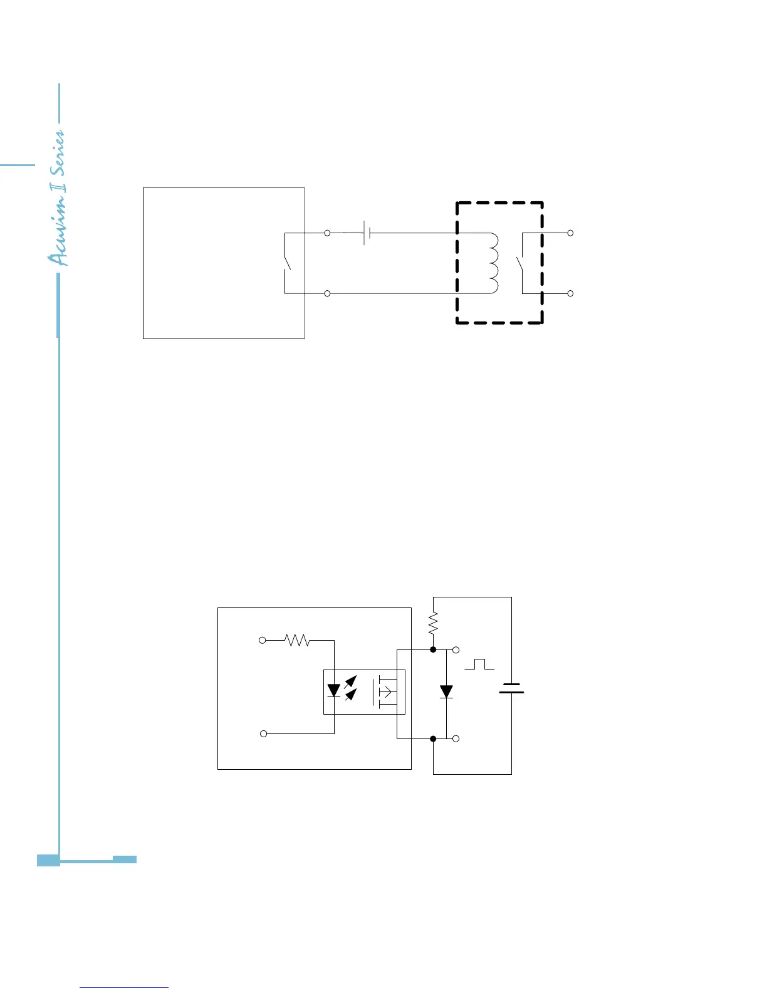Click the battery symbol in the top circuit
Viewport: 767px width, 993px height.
[x=367, y=233]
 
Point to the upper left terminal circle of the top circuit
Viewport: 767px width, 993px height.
[x=327, y=233]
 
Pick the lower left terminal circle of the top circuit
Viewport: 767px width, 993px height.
[x=327, y=293]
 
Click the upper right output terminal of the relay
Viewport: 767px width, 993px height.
[x=570, y=233]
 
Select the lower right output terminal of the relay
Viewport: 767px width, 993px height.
[x=570, y=293]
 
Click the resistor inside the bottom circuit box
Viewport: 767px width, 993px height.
[x=297, y=640]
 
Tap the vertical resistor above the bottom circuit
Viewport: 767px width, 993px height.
[x=433, y=623]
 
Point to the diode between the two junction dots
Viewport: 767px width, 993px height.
[x=446, y=692]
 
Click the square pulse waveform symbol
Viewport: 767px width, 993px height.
[x=479, y=664]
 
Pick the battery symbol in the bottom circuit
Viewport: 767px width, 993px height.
[x=511, y=688]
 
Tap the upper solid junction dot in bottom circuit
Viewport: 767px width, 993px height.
[x=433, y=650]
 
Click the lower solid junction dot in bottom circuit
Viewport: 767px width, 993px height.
[x=433, y=739]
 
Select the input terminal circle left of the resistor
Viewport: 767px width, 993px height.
[x=263, y=640]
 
